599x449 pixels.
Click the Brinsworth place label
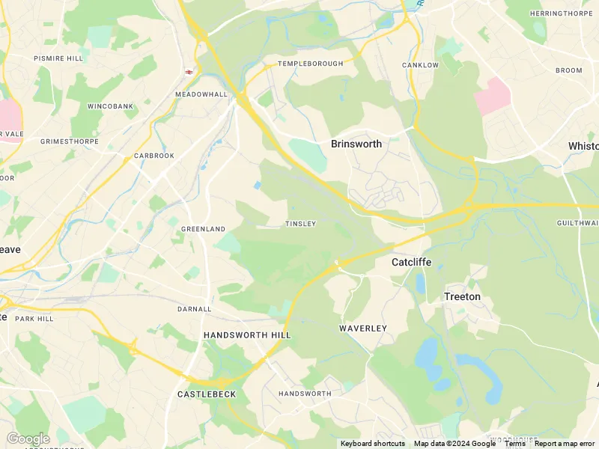(356, 144)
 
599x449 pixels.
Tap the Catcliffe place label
(412, 262)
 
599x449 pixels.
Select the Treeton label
(462, 296)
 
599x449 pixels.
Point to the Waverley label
(363, 329)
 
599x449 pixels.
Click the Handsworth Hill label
(247, 335)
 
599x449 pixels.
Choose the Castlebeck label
(207, 394)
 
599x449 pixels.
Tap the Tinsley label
(301, 224)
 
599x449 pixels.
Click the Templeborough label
(310, 64)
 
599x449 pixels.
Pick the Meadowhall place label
(201, 94)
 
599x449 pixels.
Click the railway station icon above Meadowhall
(189, 72)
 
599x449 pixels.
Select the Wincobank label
(110, 106)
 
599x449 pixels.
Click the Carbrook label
(153, 156)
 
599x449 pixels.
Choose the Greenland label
(203, 228)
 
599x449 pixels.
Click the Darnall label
(195, 308)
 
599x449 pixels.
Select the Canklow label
(420, 65)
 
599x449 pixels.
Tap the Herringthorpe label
(556, 13)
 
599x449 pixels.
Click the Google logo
(28, 439)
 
